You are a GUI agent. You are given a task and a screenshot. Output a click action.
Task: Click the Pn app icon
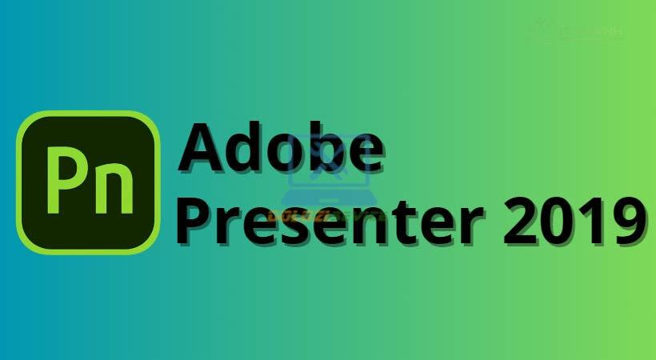(x=88, y=182)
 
